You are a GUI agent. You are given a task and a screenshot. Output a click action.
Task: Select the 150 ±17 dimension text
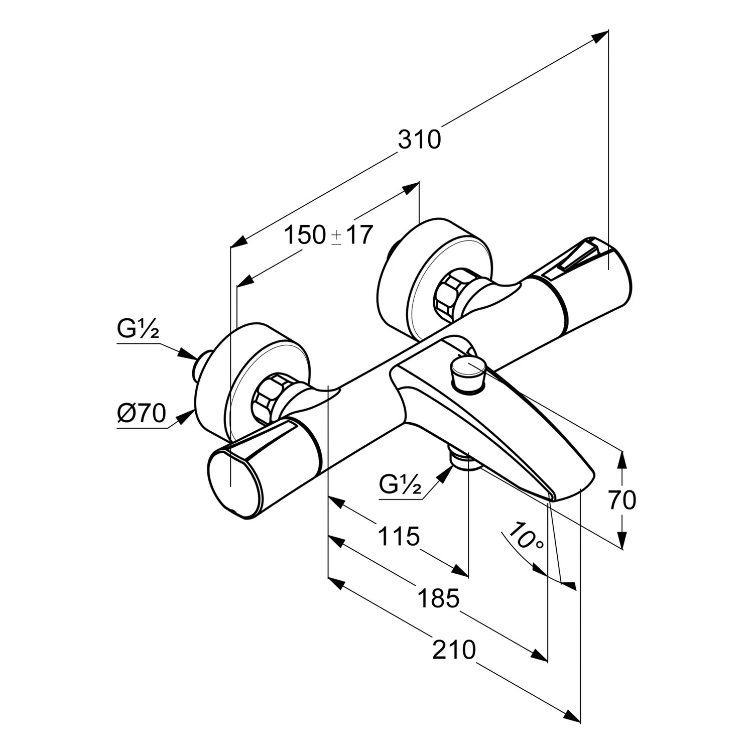pos(329,235)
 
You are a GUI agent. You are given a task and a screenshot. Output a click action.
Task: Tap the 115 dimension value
pos(398,537)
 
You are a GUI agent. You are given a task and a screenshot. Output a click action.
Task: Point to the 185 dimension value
pos(438,598)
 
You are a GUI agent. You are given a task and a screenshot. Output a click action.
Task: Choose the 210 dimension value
pos(454,650)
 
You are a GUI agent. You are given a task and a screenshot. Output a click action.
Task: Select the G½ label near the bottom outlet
pos(400,485)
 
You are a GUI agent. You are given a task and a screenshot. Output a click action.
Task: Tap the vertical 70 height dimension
pos(622,500)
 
